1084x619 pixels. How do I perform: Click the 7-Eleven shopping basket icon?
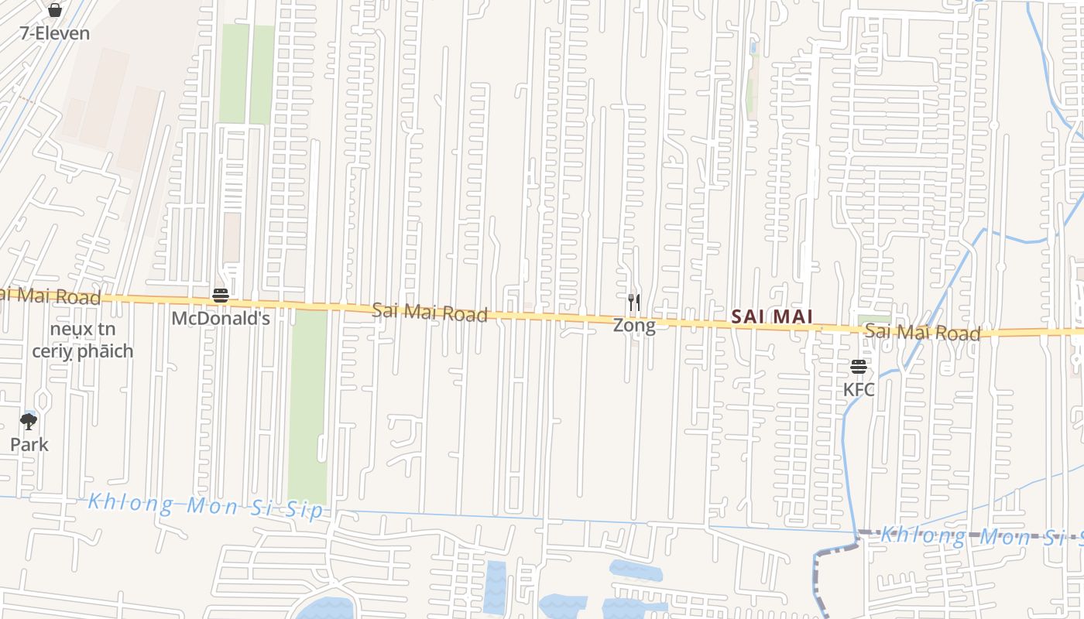point(54,10)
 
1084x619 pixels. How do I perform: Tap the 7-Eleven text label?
point(54,33)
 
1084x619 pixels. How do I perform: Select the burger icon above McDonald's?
point(221,295)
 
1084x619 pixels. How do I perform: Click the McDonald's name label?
point(221,318)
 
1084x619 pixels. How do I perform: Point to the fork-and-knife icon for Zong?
point(634,302)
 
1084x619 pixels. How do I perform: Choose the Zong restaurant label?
point(634,325)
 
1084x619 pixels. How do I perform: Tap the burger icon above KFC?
point(859,366)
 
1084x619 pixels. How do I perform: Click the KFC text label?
point(859,389)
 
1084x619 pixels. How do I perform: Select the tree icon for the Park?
point(29,422)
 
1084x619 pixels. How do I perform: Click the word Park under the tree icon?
point(29,444)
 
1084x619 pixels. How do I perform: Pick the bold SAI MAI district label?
point(772,316)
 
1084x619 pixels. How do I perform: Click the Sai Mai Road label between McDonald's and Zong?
point(430,312)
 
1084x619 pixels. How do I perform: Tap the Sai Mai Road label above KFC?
point(922,332)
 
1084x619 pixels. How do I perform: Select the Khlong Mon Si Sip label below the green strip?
point(205,505)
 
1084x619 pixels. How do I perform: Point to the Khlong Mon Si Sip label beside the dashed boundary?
point(979,535)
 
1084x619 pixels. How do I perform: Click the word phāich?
point(105,351)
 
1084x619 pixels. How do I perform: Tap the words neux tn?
point(83,329)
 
